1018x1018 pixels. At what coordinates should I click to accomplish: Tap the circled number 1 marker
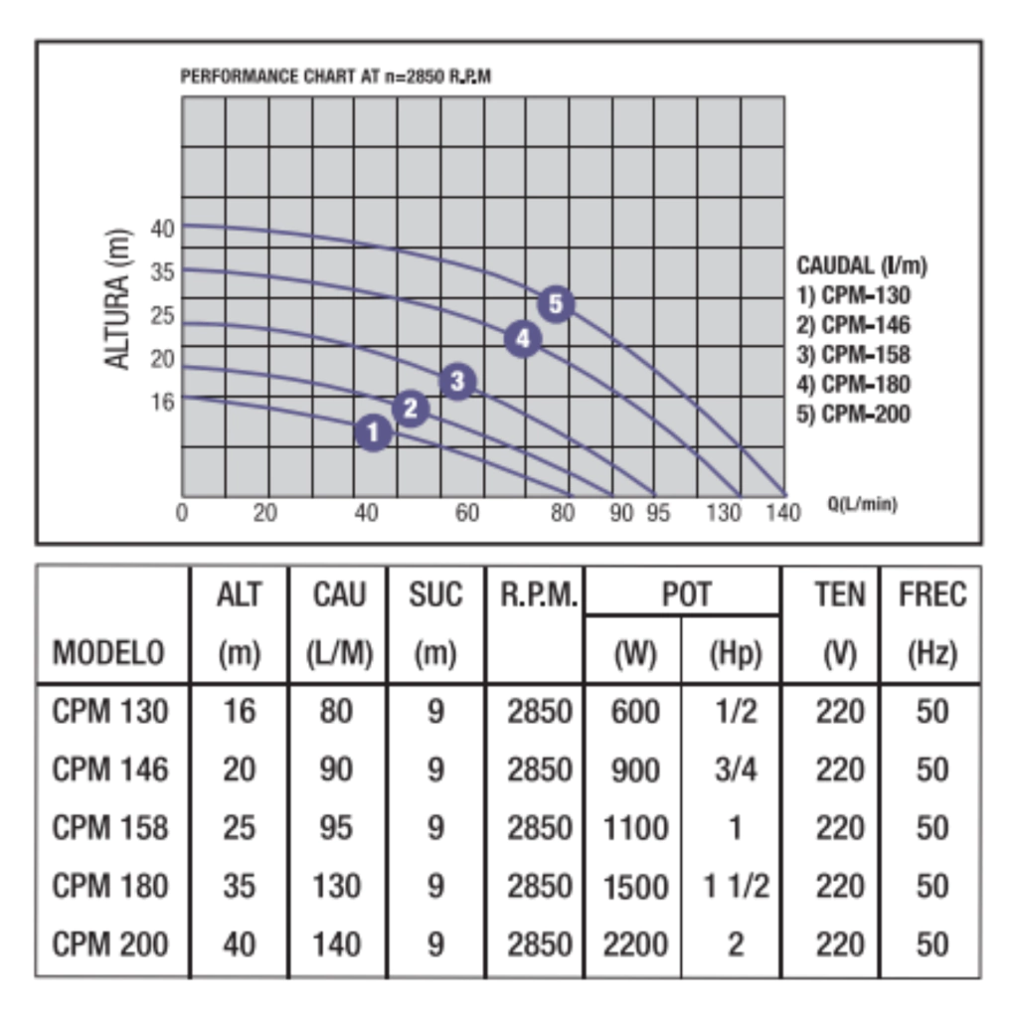click(373, 431)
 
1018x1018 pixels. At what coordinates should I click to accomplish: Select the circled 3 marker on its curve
click(456, 380)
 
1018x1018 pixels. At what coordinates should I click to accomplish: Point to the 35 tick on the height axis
click(163, 272)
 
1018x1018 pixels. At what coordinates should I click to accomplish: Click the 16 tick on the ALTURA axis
click(163, 402)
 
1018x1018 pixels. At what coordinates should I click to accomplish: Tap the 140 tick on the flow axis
click(783, 514)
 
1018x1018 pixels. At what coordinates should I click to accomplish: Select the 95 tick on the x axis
click(655, 514)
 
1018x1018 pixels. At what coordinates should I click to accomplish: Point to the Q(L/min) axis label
click(862, 505)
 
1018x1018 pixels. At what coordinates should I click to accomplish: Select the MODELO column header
click(108, 653)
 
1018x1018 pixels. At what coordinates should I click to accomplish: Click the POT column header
click(686, 594)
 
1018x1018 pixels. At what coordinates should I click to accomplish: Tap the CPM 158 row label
click(109, 827)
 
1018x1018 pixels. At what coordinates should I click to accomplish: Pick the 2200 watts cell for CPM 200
click(635, 943)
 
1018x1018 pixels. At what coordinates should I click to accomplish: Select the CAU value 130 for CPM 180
click(336, 886)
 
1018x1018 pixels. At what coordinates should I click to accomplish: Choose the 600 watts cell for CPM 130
click(635, 712)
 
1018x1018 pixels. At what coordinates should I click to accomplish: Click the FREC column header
click(932, 594)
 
